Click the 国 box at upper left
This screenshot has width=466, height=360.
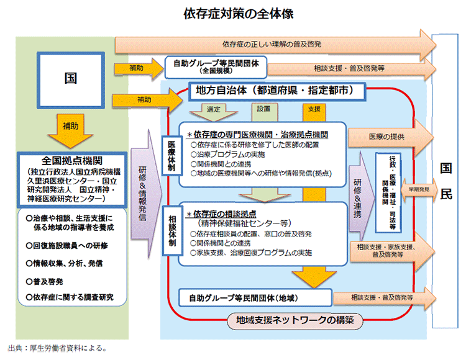pos(71,79)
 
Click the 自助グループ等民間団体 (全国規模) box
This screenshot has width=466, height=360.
pos(216,65)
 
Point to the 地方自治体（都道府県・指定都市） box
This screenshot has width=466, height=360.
pos(274,91)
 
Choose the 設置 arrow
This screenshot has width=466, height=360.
pos(263,110)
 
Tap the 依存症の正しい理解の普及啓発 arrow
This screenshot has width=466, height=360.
pos(273,44)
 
